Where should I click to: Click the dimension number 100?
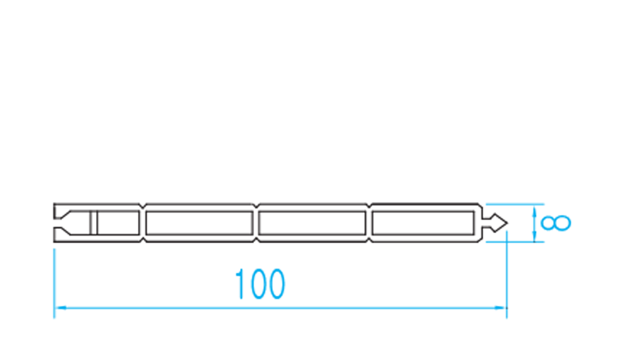point(260,284)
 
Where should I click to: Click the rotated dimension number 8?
point(556,224)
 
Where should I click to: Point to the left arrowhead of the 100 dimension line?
point(60,308)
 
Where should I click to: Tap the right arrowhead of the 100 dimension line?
point(501,308)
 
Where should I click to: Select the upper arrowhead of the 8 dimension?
point(534,210)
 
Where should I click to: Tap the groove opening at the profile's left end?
point(61,223)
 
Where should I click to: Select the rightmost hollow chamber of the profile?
point(423,223)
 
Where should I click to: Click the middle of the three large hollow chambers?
point(312,223)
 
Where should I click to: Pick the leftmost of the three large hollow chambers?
point(199,223)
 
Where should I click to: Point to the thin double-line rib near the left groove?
point(94,223)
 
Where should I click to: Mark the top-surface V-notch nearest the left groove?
point(143,205)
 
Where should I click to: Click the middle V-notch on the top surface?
point(256,205)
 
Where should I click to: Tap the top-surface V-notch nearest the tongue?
point(369,205)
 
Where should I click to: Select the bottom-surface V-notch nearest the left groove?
point(143,240)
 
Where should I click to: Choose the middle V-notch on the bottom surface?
point(256,240)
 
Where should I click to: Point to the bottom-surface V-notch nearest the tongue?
point(369,240)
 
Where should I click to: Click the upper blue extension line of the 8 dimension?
point(515,204)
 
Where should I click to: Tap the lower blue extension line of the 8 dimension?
point(515,242)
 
